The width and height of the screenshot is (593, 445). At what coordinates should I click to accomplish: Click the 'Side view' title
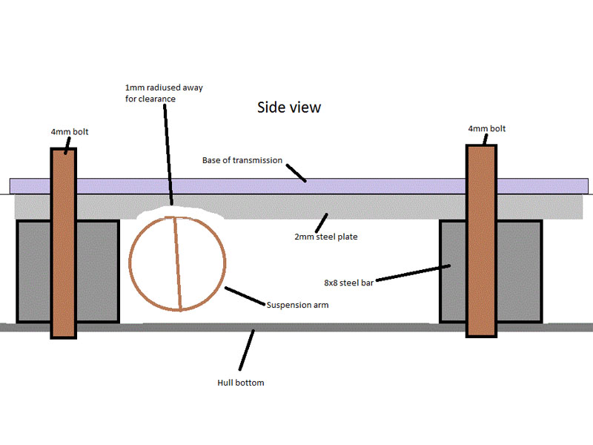(x=288, y=108)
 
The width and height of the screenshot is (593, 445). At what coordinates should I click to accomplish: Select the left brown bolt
(x=63, y=245)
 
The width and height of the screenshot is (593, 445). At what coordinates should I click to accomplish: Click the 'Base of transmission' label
(x=242, y=160)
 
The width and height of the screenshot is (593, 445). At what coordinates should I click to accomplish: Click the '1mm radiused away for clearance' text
(x=163, y=93)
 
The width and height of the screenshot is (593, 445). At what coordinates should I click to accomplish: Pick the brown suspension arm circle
(x=177, y=263)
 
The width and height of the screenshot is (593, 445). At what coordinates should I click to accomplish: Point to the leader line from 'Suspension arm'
(x=245, y=295)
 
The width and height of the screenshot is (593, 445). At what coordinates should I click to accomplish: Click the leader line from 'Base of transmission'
(x=295, y=171)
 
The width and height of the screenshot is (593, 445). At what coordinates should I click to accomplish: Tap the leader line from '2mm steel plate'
(x=320, y=220)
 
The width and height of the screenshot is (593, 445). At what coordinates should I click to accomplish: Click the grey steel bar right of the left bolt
(x=97, y=271)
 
